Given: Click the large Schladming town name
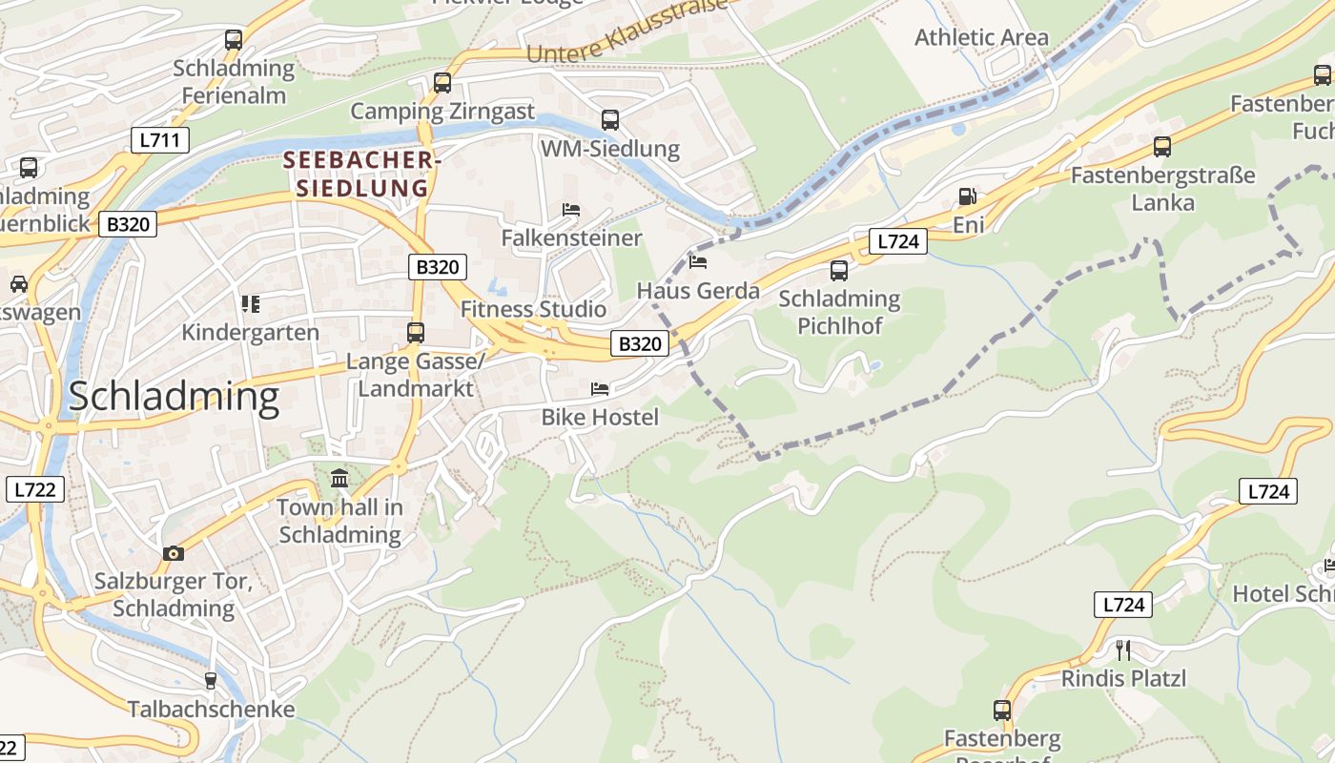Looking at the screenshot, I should (x=174, y=396).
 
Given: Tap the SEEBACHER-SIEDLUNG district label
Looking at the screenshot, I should (x=361, y=175).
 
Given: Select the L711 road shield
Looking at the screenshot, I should (x=160, y=141).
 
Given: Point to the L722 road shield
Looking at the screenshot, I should (x=35, y=490).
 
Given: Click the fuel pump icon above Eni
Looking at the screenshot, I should (x=967, y=196).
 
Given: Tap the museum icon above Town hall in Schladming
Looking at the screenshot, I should (x=339, y=478).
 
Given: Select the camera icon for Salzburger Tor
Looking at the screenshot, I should (x=173, y=553).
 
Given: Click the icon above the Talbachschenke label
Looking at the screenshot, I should (x=211, y=681).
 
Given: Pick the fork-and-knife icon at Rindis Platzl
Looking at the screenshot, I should (x=1123, y=650).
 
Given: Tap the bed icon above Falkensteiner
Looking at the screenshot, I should (x=571, y=209).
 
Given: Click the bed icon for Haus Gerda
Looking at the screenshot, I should (x=698, y=261).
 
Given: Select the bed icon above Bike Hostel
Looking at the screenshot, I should (x=600, y=388).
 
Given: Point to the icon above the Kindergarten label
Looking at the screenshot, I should (x=251, y=304).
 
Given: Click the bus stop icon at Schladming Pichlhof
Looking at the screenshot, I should (x=839, y=270).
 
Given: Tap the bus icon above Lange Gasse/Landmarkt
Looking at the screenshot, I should (x=416, y=332).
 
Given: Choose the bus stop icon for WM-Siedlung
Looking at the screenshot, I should (x=610, y=120).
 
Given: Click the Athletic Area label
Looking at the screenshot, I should (x=981, y=37).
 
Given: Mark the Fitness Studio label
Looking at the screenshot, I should (x=533, y=309).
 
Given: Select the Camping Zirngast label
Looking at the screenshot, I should (x=442, y=112).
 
